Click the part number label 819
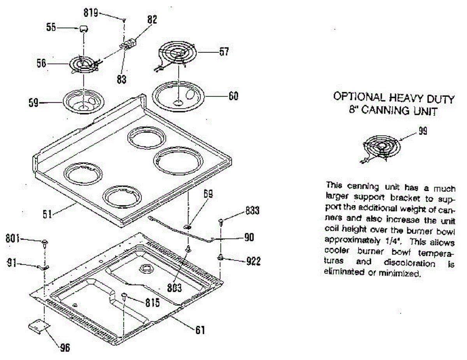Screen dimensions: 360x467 [91, 12]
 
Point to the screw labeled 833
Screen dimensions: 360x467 [221, 222]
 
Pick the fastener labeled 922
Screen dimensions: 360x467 [221, 257]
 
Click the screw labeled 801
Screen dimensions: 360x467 [45, 244]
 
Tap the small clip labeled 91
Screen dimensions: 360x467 [43, 267]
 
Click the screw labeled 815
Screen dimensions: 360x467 [124, 297]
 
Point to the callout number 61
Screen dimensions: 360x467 [199, 330]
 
